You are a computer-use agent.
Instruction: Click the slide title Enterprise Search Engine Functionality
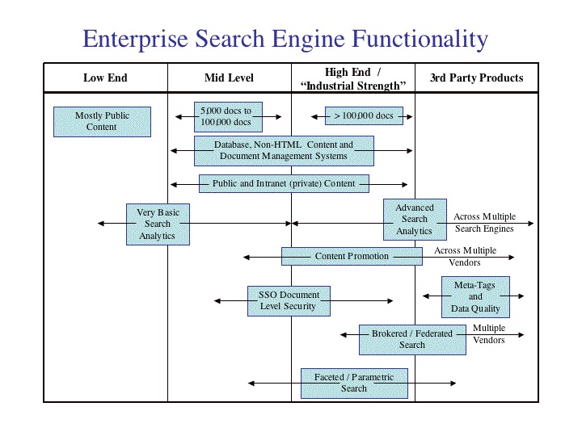click(285, 39)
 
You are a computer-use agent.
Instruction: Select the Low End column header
click(105, 78)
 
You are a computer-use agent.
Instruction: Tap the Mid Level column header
click(229, 78)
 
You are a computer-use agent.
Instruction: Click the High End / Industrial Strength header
click(352, 78)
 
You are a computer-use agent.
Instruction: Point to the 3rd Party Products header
click(476, 78)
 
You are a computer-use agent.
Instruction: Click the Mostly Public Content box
click(102, 121)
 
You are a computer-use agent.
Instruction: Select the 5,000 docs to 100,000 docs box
click(227, 116)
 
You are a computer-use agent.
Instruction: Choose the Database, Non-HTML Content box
click(284, 151)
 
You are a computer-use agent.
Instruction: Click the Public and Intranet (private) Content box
click(284, 183)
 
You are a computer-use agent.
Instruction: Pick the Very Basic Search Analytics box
click(158, 224)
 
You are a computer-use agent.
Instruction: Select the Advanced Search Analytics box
click(415, 220)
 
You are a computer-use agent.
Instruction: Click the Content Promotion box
click(352, 256)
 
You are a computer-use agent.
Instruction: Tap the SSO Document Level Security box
click(289, 301)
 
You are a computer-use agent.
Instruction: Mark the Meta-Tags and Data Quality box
click(475, 296)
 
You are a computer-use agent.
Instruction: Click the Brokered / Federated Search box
click(412, 339)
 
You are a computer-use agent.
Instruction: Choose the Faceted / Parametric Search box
click(354, 383)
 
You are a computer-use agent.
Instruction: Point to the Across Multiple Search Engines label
click(484, 223)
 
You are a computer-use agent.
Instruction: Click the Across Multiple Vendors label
click(465, 257)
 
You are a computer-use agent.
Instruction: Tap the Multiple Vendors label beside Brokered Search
click(489, 334)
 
